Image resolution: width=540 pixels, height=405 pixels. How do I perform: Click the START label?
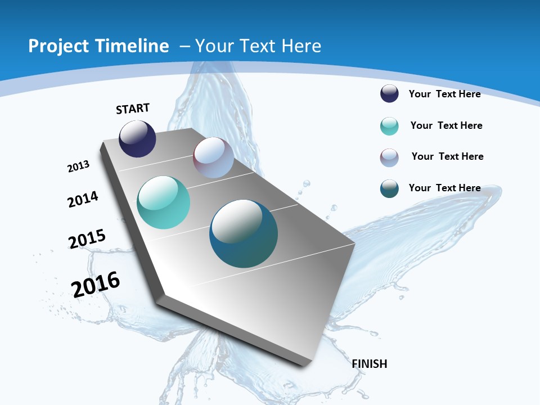pyautogui.click(x=133, y=109)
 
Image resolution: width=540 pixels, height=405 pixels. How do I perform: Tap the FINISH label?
pyautogui.click(x=370, y=364)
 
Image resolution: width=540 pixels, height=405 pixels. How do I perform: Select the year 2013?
pyautogui.click(x=78, y=166)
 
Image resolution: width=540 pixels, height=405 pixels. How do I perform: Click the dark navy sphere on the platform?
pyautogui.click(x=137, y=139)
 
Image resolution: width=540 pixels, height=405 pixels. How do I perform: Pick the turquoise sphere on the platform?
pyautogui.click(x=163, y=202)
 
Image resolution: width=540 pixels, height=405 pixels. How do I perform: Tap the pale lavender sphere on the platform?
pyautogui.click(x=213, y=157)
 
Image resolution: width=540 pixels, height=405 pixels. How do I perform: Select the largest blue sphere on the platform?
pyautogui.click(x=244, y=233)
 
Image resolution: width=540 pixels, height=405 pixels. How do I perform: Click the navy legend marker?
pyautogui.click(x=389, y=93)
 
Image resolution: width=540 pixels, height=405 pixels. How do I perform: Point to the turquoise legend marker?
pyautogui.click(x=389, y=126)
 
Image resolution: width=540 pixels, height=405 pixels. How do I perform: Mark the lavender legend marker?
pyautogui.click(x=389, y=157)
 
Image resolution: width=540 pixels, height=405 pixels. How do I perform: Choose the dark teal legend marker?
pyautogui.click(x=389, y=188)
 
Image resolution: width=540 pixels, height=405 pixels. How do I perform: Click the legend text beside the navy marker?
pyautogui.click(x=444, y=94)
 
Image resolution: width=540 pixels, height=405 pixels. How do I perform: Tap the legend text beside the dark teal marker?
pyautogui.click(x=444, y=188)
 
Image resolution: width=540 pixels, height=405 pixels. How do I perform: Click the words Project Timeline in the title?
pyautogui.click(x=98, y=46)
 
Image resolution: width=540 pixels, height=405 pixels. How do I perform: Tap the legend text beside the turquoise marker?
pyautogui.click(x=446, y=125)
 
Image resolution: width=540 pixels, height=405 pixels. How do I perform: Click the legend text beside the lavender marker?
pyautogui.click(x=447, y=156)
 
